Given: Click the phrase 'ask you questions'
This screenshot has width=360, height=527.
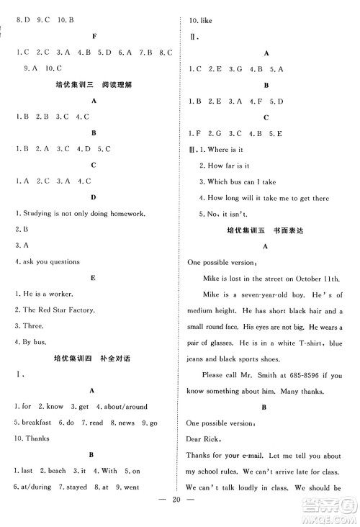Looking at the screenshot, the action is pos(50,261).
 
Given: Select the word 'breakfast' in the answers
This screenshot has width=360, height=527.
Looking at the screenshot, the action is pos(32,421).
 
